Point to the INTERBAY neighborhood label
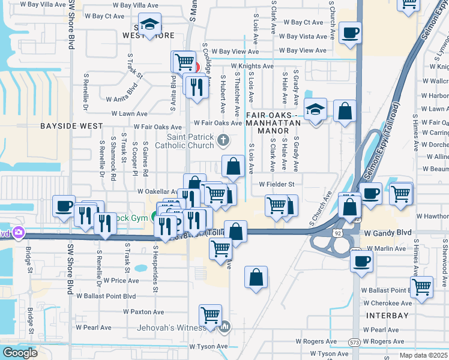pos(388,316)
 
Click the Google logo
pos(20,353)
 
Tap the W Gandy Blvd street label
pos(388,233)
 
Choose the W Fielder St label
pos(277,184)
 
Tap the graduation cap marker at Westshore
pos(149,25)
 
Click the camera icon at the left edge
pos(18,232)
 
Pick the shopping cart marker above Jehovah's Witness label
pos(210,314)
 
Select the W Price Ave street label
pos(121,280)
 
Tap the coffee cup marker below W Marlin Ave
pos(361,261)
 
